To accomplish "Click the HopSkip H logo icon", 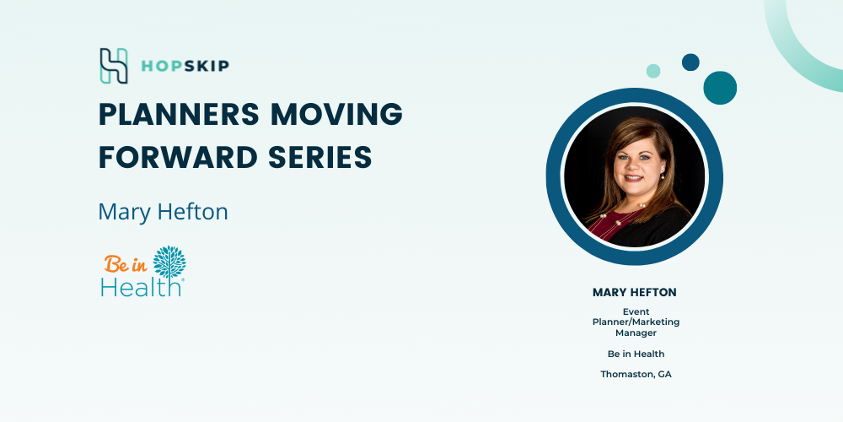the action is (114, 66).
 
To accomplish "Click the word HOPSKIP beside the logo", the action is (185, 66).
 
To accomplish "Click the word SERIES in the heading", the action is (319, 157).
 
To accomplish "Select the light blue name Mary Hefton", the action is (163, 212).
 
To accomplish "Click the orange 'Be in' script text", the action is (126, 263).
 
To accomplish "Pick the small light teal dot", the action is (653, 71).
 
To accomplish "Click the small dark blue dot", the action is (690, 62).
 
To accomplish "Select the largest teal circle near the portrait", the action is (720, 88).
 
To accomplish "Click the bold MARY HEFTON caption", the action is (635, 292).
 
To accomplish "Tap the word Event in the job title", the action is (636, 311).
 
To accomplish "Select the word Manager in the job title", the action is (636, 333).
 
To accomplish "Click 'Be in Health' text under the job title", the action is (636, 354).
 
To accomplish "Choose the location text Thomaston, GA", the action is (636, 374).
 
